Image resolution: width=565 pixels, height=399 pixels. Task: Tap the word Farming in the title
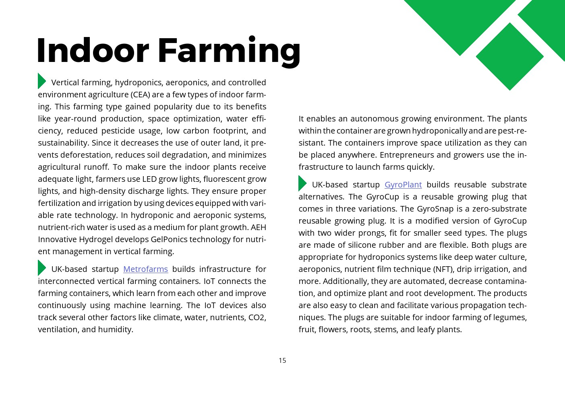[x=229, y=51]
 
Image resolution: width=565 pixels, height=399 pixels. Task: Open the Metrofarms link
[x=145, y=269]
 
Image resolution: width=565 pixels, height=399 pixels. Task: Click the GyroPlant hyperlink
[x=403, y=185]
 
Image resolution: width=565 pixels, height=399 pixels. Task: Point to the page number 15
[x=282, y=360]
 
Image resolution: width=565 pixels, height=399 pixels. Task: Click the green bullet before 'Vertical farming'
[x=41, y=81]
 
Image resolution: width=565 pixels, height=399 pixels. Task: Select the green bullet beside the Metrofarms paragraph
[x=41, y=268]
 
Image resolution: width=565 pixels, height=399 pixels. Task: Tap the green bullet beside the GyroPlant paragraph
[x=302, y=183]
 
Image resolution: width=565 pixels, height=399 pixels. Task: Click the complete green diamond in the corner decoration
[x=510, y=56]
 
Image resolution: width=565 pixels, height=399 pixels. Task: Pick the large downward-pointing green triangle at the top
[x=460, y=20]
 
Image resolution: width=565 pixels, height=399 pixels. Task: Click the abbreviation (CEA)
[x=140, y=95]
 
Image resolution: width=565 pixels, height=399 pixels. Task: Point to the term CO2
[x=257, y=317]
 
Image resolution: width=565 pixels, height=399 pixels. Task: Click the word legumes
[x=510, y=317]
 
